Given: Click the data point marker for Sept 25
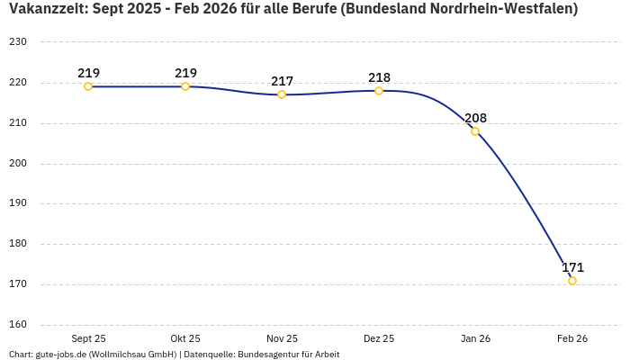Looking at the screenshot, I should coord(88,86).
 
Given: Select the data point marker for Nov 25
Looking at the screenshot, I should coord(282,94).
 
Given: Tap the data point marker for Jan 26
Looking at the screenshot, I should coord(475,131).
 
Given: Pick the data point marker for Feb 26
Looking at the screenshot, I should coord(572,281).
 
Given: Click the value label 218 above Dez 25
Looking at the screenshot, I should coord(379,77).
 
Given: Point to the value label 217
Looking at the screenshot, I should coord(282,81).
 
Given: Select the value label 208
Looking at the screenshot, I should coord(475,118).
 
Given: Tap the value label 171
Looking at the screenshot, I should coord(572,267).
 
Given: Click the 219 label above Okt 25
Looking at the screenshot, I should coord(185,73).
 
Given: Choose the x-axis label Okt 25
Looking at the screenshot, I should coord(185,338).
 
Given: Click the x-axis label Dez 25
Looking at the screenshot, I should coord(379,338).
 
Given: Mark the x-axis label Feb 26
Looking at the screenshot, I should coord(572,338).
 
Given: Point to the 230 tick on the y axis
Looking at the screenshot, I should coord(18,42).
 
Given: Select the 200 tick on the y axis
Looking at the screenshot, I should coord(18,164).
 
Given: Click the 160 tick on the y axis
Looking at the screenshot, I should coord(18,325).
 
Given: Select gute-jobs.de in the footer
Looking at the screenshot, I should coord(60,355).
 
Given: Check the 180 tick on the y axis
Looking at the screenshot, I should coord(18,244).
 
